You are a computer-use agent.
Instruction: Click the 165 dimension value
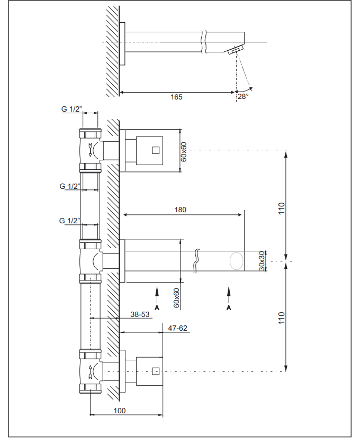pyautogui.click(x=176, y=97)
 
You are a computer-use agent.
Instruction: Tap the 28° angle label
pyautogui.click(x=243, y=96)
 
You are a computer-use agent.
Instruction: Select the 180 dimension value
pyautogui.click(x=181, y=210)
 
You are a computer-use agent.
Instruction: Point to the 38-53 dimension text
pyautogui.click(x=140, y=314)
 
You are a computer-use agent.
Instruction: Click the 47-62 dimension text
pyautogui.click(x=178, y=328)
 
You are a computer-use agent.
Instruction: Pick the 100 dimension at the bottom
pyautogui.click(x=120, y=411)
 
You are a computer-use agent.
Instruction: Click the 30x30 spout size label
pyautogui.click(x=262, y=261)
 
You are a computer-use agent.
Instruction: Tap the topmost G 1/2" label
pyautogui.click(x=71, y=109)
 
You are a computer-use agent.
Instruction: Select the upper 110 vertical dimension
pyautogui.click(x=281, y=208)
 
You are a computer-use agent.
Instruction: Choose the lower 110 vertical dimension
pyautogui.click(x=281, y=318)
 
